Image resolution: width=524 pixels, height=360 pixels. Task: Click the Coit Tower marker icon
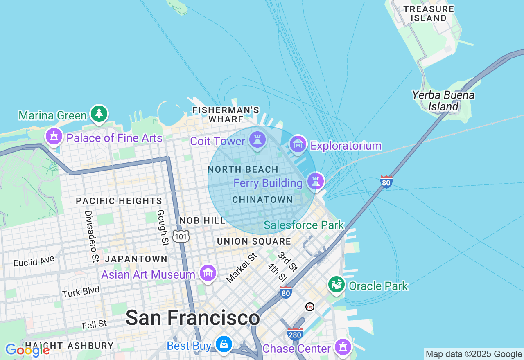coord(257,140)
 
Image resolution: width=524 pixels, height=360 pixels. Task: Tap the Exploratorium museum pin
coord(298,144)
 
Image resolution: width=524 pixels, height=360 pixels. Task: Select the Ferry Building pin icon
coord(315,181)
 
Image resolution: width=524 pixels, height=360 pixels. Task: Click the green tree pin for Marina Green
coord(99,113)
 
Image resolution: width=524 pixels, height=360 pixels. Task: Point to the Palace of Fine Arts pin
coord(54,137)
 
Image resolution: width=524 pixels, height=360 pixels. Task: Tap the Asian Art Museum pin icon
coord(208,273)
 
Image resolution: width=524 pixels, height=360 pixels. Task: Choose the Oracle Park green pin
coord(337,284)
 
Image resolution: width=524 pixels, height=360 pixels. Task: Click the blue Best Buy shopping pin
coord(224,344)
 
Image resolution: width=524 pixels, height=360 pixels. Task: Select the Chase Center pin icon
coord(343,347)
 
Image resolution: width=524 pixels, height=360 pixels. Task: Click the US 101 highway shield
coord(181,236)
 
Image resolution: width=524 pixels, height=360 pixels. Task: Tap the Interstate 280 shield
coord(295,334)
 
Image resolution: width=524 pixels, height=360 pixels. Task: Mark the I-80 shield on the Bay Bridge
coord(386,182)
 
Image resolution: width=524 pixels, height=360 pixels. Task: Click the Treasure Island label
coord(429,13)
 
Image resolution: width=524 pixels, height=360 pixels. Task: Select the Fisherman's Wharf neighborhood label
coord(226,115)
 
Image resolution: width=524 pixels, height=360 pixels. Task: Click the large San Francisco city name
coord(192,318)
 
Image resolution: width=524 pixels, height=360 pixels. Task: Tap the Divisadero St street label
coord(92,236)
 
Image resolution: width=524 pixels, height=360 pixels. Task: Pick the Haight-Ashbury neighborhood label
coord(69,346)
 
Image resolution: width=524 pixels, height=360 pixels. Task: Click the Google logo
coord(27,350)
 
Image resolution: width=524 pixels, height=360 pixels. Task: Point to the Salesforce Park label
coord(304,225)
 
